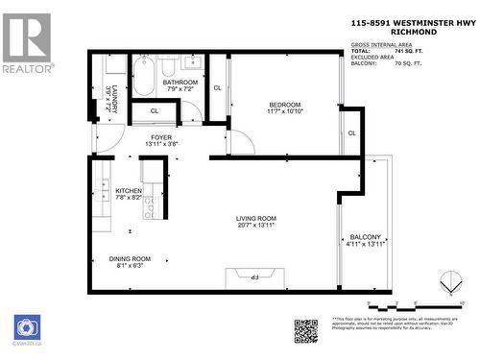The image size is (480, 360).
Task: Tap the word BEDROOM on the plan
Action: point(284,105)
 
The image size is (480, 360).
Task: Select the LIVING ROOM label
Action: point(256,219)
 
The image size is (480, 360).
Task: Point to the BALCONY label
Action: point(366,237)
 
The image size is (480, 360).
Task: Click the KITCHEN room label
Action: point(129,191)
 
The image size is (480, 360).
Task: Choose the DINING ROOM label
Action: point(129,258)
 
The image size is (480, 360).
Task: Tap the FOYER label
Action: point(161,137)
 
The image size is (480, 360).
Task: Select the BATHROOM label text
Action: point(180,83)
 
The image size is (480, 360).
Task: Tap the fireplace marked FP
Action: point(255,279)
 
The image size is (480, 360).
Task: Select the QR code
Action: point(305,330)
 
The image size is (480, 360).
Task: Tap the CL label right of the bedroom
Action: point(352,132)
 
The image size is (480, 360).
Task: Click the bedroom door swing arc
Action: point(241,141)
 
